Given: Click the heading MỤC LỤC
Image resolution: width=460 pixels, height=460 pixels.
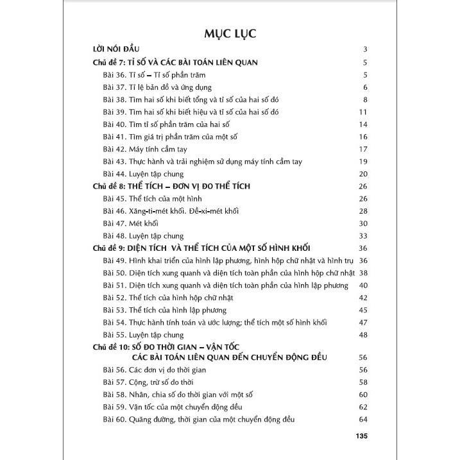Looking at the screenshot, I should [229, 33].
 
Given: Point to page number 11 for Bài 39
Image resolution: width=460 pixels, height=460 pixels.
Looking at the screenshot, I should [362, 112].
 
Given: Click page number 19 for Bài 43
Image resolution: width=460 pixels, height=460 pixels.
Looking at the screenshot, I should [362, 162].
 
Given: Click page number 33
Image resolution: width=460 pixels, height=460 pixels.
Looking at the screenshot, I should [362, 235].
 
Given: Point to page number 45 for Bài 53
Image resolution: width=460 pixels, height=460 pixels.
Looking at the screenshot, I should [362, 310].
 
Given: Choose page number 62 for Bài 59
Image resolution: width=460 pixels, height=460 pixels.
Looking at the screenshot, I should [362, 407].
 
